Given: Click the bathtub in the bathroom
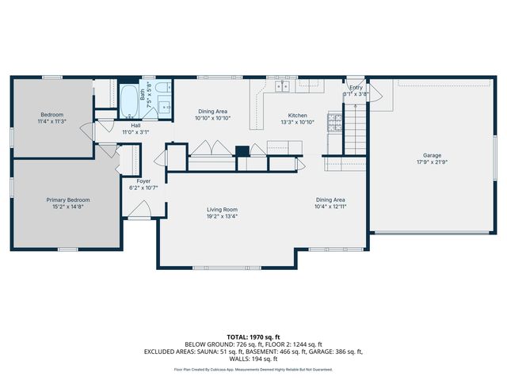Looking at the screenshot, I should (x=128, y=100).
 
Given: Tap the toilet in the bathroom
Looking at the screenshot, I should (x=161, y=89).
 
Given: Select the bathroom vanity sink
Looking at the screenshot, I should (x=164, y=106).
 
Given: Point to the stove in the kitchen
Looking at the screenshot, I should (x=334, y=123).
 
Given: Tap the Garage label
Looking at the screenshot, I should (x=432, y=155).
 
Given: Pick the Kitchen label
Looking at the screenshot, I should (x=297, y=116).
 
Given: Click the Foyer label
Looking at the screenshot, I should (x=143, y=180).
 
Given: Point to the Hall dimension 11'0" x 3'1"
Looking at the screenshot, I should (x=135, y=132).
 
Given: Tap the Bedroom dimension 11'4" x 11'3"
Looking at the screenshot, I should (x=51, y=122).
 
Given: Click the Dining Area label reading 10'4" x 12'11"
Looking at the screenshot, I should (x=330, y=207).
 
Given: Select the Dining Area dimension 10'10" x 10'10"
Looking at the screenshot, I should (x=212, y=118).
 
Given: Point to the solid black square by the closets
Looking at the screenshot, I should (x=242, y=150).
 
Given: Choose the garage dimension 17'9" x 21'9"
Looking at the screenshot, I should (x=432, y=162).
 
